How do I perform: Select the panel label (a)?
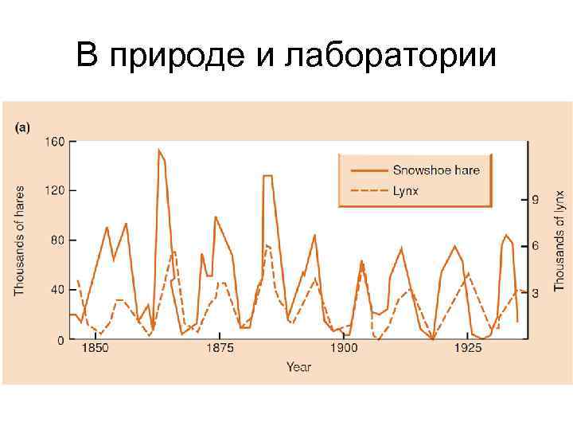coord(23,127)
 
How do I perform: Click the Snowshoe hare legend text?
coord(436,170)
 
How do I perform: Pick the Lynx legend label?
coord(405,191)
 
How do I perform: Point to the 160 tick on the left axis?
coord(55,142)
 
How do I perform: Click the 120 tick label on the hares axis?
coord(55,191)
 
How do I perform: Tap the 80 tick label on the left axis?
coord(58,240)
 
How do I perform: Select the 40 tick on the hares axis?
coord(58,290)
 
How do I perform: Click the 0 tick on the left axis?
coord(61,340)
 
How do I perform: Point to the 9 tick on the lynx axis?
coord(536,200)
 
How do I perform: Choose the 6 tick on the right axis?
coord(536,246)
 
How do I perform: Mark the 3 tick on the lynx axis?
coord(536,293)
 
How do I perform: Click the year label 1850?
coord(95,349)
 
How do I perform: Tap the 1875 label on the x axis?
coord(220,349)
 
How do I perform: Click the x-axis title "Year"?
coord(298,367)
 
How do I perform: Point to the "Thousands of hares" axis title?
coord(20,241)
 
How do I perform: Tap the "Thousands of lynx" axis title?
coord(559,239)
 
